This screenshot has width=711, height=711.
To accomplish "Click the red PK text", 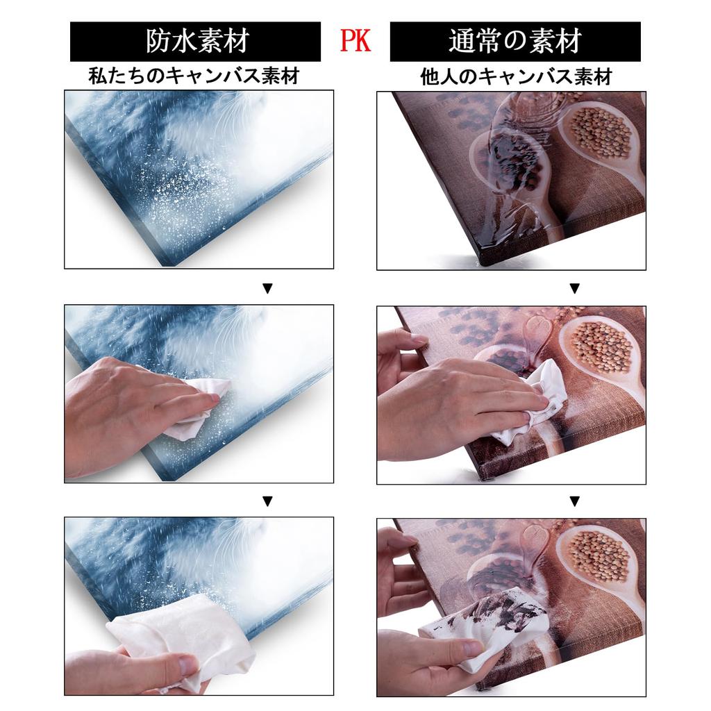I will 355,41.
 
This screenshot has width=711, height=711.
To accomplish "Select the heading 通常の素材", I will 515,42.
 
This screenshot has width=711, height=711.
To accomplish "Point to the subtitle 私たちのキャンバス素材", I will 194,76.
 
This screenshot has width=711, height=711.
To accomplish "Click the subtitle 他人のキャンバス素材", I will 516,76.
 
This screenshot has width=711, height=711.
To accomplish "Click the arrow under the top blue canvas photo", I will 267,288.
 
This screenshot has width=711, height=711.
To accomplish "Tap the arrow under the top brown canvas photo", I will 574,288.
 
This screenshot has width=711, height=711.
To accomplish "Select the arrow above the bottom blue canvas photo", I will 267,501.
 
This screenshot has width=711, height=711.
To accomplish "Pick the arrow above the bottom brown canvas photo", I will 574,501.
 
